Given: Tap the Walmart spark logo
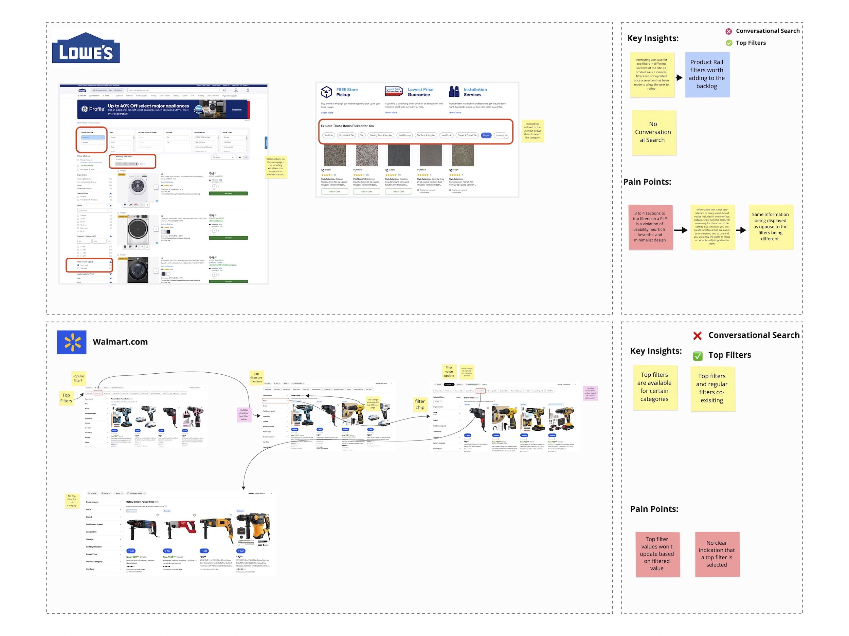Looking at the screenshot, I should coord(72,342).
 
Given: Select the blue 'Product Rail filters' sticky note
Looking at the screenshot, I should coord(707,74).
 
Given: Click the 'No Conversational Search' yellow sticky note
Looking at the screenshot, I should coord(654,132).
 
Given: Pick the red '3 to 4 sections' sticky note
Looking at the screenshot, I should coord(650,227).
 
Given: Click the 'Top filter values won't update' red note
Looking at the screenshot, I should coord(657,554).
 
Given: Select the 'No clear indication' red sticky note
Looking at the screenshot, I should coord(717,554).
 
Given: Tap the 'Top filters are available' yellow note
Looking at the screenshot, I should coord(655,387).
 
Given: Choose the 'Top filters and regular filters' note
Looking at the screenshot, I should coord(712,389).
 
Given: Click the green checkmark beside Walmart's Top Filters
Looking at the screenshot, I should coord(698,356).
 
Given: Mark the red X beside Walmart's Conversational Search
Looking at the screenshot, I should coord(698,336).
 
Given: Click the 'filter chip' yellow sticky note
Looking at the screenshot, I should coord(420,405).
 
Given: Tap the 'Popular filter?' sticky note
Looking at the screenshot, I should coord(78,378).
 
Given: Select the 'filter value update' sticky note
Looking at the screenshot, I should coord(449,372).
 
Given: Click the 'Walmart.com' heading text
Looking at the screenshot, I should coord(120,342).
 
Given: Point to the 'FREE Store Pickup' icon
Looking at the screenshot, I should coord(326,92).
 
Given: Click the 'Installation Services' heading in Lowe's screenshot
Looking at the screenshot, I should coord(475,92).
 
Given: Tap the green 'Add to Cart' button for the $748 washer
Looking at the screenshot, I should coord(228,193).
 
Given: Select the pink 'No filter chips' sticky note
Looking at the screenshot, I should coord(244,415).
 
